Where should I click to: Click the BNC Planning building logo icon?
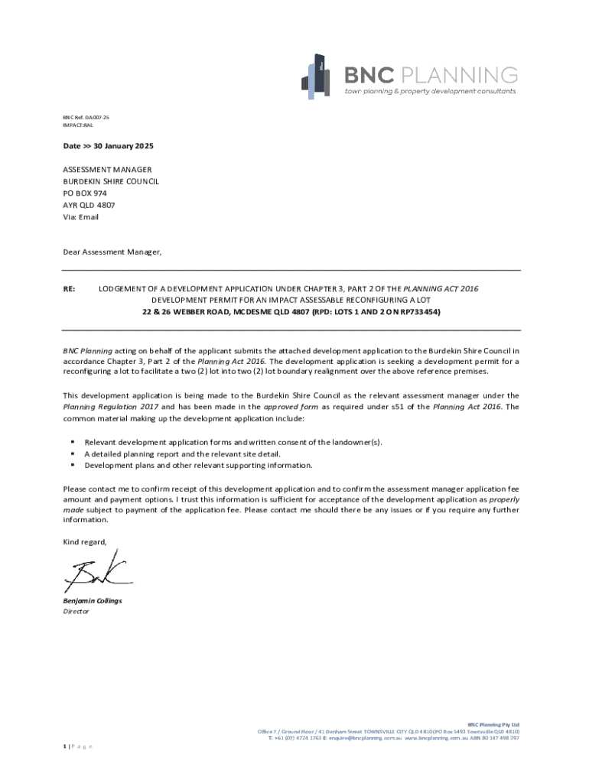316,76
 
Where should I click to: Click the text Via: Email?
80,217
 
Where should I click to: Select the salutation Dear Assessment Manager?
112,252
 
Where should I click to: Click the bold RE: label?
70,289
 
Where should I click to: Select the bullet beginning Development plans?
198,465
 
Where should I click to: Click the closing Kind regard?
85,542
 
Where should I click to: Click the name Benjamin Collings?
92,601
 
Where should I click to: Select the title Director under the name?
76,612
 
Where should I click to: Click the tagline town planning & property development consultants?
430,91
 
